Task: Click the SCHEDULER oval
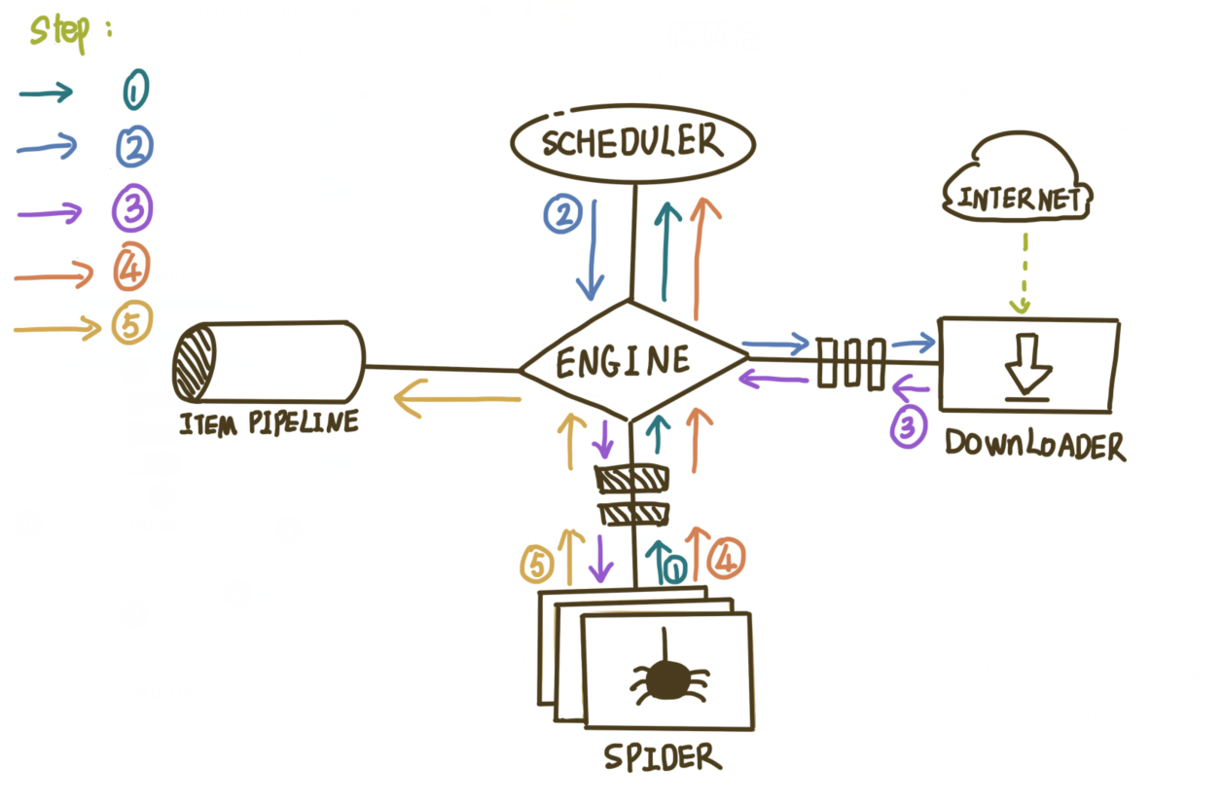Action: tap(632, 144)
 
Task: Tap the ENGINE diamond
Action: tap(632, 362)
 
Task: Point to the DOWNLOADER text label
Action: tap(1035, 447)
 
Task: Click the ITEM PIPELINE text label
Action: tap(267, 423)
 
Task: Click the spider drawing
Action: tap(666, 677)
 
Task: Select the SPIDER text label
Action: tap(662, 756)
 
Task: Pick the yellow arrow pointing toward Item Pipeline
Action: tap(457, 400)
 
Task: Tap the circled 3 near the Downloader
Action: tap(907, 429)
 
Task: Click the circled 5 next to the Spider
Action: tap(538, 565)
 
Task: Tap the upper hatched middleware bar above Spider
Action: tap(632, 480)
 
